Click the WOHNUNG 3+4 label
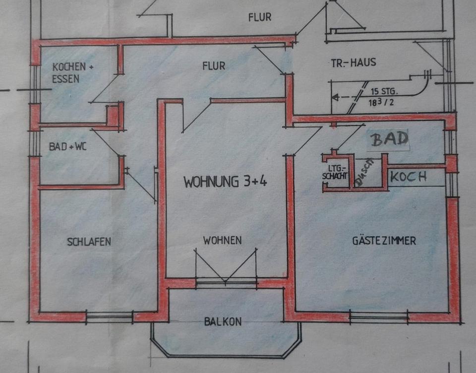tap(225, 182)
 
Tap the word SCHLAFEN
tap(89, 242)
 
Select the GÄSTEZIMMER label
tap(384, 241)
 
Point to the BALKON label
tap(223, 321)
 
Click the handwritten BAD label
tap(390, 139)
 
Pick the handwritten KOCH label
tap(409, 177)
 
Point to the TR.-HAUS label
tap(354, 63)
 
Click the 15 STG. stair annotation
tap(386, 92)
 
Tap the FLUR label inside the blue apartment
tap(214, 65)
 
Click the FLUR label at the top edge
tap(260, 17)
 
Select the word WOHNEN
tap(222, 241)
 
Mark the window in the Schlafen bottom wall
tap(110, 316)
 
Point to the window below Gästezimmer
tap(379, 316)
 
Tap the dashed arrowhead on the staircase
tap(334, 98)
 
